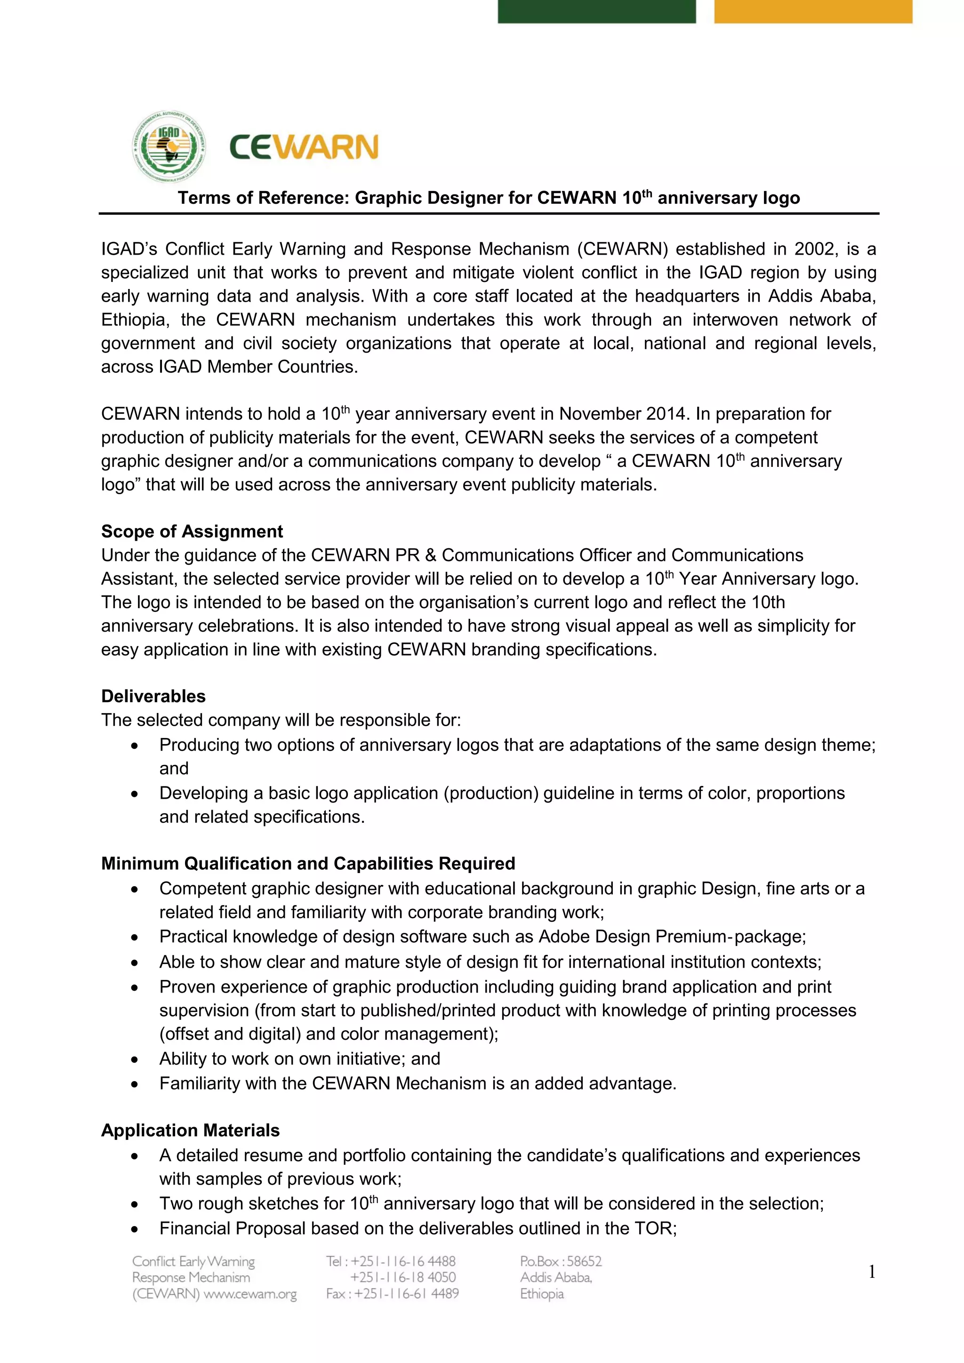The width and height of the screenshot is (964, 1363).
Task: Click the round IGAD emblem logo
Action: (x=170, y=147)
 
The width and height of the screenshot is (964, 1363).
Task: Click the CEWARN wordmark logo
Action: (x=303, y=147)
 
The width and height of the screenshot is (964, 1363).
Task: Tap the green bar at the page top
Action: (x=596, y=11)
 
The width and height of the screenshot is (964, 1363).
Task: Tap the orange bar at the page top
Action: (x=812, y=11)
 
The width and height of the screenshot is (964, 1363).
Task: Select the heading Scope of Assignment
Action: (x=192, y=531)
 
